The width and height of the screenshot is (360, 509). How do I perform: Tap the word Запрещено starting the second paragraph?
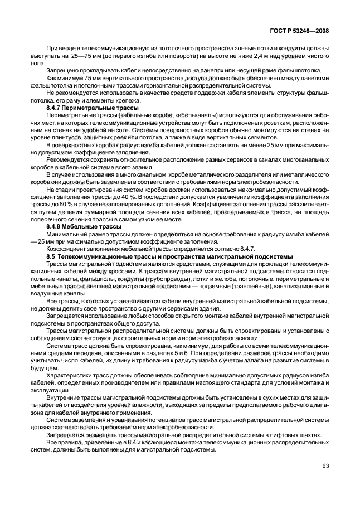point(63,71)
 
